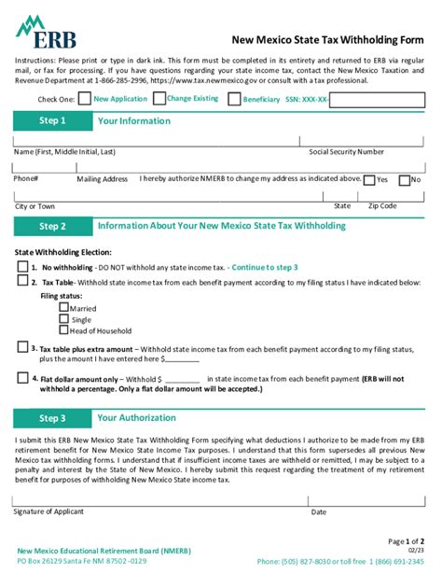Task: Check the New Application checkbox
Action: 85,98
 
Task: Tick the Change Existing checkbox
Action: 159,98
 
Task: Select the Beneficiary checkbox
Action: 233,99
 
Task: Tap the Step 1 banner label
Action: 52,121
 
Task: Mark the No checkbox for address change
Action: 404,180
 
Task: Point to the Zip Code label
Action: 382,206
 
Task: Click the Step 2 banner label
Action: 52,226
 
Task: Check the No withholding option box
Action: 22,266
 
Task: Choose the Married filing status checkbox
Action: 63,306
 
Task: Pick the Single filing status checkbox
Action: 63,317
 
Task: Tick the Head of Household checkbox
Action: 63,329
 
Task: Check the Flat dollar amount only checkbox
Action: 22,378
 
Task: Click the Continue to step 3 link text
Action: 264,267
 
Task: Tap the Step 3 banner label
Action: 52,418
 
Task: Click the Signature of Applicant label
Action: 53,511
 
